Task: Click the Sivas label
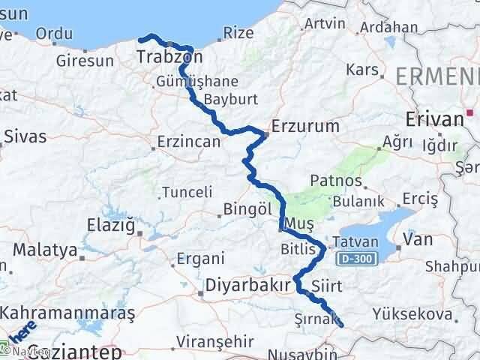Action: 25,136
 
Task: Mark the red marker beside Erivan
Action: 471,113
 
